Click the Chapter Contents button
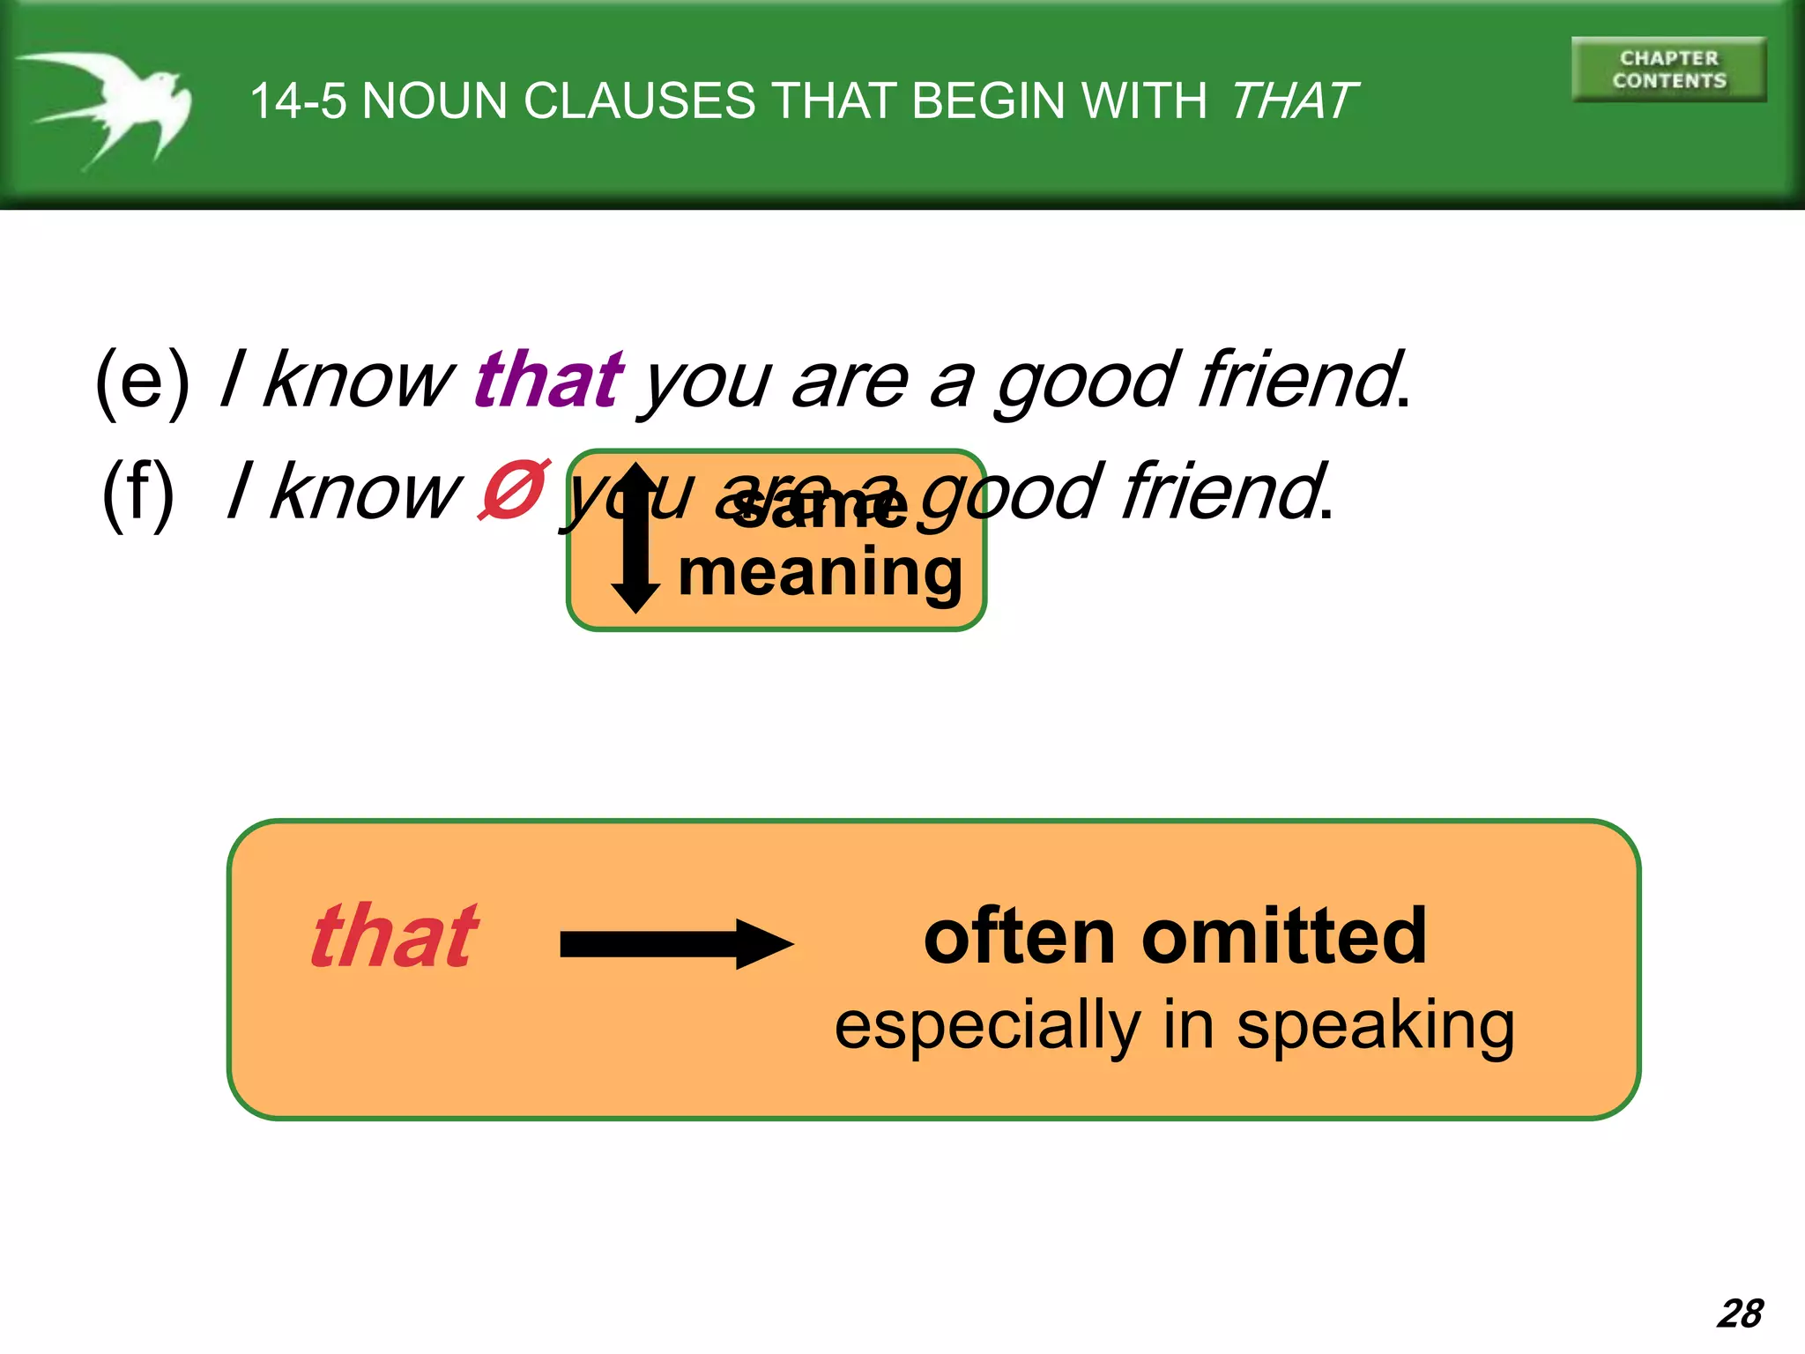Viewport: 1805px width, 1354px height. (x=1668, y=70)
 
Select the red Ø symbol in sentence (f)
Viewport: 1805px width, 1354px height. (x=514, y=490)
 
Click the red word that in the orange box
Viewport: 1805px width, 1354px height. (x=394, y=936)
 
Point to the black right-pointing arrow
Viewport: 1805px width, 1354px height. (x=676, y=944)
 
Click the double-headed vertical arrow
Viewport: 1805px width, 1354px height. (x=635, y=537)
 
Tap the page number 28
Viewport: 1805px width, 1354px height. (x=1739, y=1313)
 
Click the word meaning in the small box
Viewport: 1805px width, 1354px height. (x=820, y=575)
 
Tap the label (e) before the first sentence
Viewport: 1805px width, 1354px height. (x=142, y=381)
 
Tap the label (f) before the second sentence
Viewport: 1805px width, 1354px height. (x=138, y=494)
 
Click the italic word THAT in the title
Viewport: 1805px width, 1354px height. (x=1293, y=100)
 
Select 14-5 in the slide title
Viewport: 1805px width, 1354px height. (x=298, y=100)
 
